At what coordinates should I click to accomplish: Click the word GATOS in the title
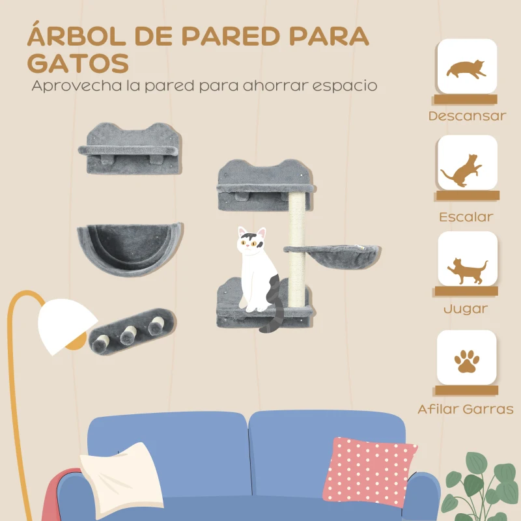77,64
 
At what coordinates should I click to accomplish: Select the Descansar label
467,117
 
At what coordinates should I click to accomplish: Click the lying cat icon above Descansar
467,68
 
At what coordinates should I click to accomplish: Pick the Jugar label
466,308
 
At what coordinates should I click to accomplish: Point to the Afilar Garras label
466,410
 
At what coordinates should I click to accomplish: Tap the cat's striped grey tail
274,306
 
